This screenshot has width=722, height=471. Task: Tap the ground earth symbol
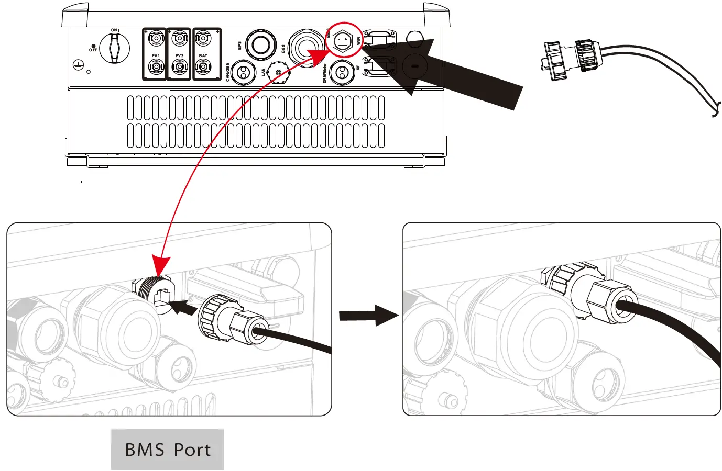click(78, 65)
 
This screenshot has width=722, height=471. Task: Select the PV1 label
click(156, 55)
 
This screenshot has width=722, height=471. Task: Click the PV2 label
click(179, 55)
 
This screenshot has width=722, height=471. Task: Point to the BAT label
click(203, 55)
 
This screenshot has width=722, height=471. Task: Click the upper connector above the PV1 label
click(156, 38)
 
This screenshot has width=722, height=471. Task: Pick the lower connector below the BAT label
click(203, 67)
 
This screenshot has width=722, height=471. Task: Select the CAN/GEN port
click(243, 72)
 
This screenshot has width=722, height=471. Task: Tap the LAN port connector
click(279, 73)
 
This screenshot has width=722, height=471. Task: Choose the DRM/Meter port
click(342, 72)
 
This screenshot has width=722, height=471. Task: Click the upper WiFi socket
click(379, 39)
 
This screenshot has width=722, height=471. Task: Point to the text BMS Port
click(167, 450)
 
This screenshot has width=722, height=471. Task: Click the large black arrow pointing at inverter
click(461, 73)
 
